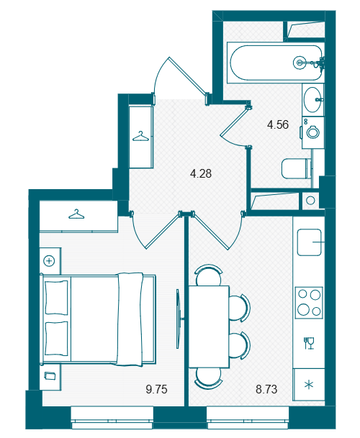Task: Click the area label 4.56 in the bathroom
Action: coord(277,124)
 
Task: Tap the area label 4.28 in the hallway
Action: coord(201,173)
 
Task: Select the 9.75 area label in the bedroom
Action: coord(156,389)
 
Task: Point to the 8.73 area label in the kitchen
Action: coord(266,389)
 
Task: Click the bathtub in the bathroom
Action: coord(276,63)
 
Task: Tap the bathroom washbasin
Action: coord(312,99)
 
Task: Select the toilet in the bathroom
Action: coord(297,168)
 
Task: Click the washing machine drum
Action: coord(312,132)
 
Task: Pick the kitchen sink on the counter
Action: coord(309,242)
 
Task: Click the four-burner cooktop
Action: coord(309,302)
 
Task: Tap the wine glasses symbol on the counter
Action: coord(309,343)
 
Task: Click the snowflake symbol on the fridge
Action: coord(309,385)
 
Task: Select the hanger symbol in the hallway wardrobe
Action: coord(140,137)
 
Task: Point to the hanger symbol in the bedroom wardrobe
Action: coord(76,214)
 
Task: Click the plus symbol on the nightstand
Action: coord(49,261)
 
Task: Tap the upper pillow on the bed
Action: coord(56,298)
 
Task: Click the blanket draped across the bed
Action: coord(130,319)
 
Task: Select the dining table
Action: coord(209,327)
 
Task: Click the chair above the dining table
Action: coord(208,275)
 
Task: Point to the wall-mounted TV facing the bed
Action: coord(178,319)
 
